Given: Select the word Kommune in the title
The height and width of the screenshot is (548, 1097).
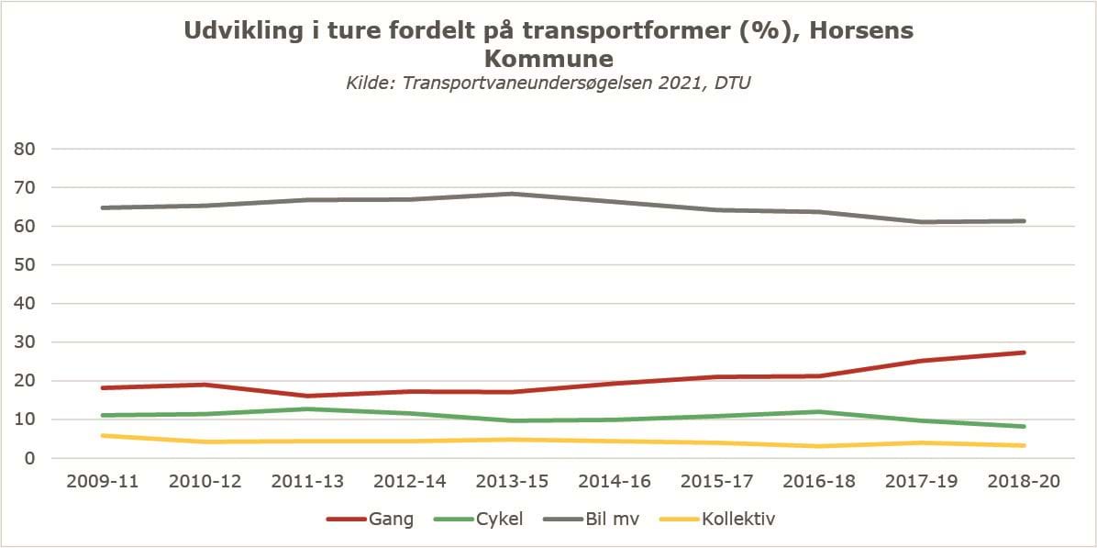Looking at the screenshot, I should point(548,60).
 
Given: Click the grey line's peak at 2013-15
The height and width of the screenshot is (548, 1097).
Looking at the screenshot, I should point(512,194).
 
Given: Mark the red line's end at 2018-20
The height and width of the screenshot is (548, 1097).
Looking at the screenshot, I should point(1024,352).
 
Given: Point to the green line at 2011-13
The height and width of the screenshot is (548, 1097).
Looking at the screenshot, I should point(307,409).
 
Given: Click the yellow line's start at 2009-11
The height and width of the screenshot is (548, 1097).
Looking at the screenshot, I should point(103,435).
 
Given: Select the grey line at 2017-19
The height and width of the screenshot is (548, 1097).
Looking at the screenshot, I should point(921,222).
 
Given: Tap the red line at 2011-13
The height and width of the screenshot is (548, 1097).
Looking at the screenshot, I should point(307,396).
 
